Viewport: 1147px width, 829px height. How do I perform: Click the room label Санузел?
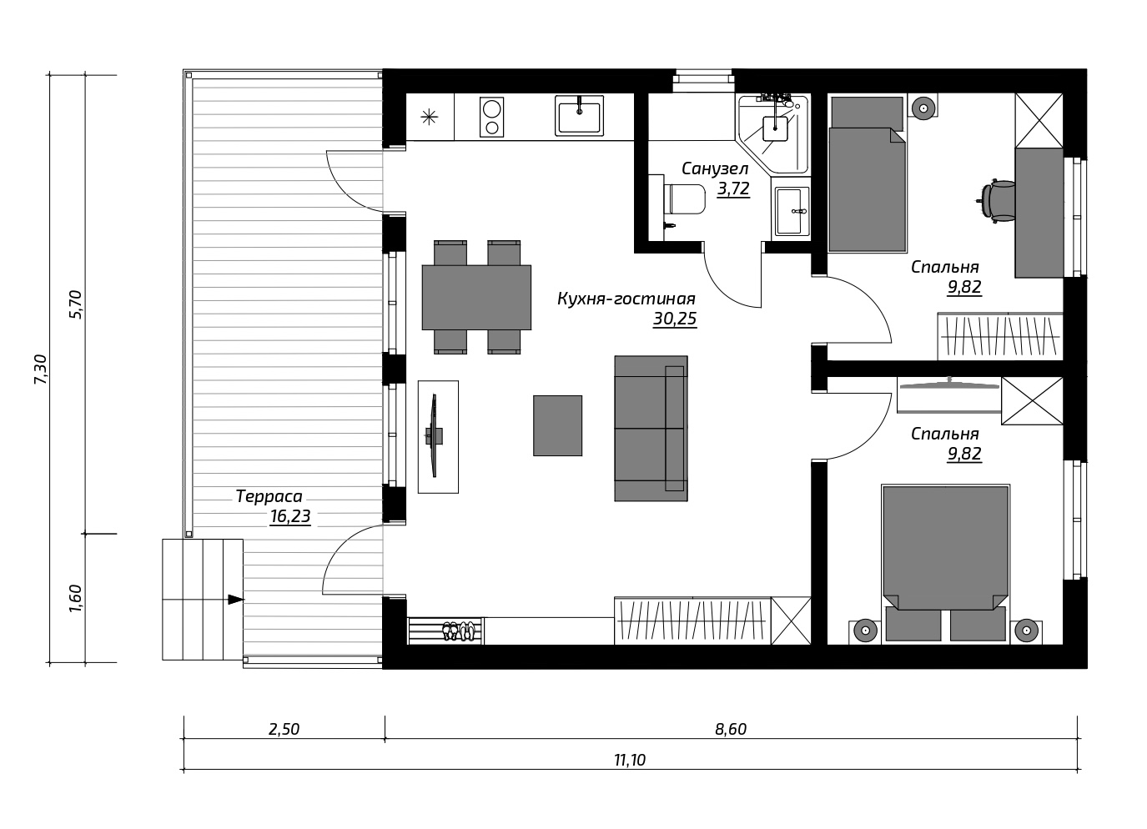715,168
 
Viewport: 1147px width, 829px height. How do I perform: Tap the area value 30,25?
675,319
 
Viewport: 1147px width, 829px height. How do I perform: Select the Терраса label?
269,496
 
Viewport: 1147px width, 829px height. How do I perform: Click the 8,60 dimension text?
731,729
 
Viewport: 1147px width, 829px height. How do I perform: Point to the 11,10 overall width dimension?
630,761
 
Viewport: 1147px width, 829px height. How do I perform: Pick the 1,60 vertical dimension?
75,597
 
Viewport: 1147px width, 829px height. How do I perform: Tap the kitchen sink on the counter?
579,116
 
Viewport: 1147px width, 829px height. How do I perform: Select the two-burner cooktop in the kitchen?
491,118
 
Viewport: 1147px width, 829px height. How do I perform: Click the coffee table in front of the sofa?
557,425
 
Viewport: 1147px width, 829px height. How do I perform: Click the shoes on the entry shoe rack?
458,631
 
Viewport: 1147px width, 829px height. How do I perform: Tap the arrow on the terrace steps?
236,599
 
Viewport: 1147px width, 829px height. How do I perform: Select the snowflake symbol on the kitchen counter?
429,118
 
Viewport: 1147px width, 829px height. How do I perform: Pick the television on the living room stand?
435,435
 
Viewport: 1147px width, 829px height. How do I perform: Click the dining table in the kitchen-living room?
476,298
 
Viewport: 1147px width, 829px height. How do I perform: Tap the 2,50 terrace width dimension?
284,729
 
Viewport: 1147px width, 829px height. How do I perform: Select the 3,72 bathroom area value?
733,189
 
